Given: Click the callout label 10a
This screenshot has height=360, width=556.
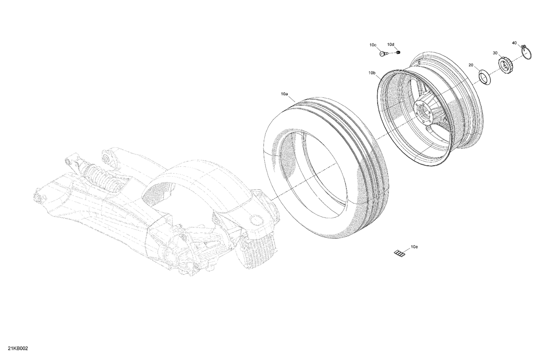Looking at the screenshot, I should point(284,94).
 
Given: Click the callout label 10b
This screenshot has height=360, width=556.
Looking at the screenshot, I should point(372,73).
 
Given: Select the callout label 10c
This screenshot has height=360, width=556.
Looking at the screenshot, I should point(373,45).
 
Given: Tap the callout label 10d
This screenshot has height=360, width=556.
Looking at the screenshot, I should point(391,45).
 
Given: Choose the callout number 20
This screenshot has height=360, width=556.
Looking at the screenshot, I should point(471,65).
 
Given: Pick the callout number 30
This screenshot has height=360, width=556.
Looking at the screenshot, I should point(495,53).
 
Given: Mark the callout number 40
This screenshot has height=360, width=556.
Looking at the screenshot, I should point(514,43).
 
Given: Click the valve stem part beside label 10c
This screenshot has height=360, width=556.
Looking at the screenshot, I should point(383,54).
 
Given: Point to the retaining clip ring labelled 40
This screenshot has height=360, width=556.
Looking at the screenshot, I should point(527,52).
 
